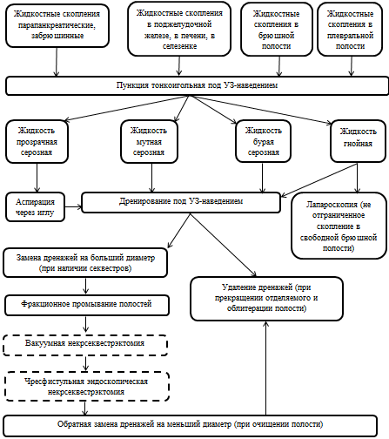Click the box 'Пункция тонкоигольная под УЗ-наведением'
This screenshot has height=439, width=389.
197,85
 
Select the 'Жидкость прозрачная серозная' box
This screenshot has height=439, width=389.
37,141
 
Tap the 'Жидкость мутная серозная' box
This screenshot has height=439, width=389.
149,141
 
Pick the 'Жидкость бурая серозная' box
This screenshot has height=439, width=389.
263,141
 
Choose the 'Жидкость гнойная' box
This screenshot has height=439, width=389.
358,141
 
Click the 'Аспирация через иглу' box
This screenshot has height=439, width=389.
35,207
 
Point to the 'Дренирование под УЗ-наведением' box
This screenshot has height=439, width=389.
181,202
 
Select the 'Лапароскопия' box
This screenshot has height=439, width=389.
339,226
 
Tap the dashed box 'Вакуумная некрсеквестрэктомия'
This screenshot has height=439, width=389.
85,345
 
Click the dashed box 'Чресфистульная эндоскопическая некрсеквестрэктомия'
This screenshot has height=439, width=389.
87,387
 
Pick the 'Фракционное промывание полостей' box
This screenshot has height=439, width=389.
87,305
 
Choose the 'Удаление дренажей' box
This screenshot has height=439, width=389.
266,299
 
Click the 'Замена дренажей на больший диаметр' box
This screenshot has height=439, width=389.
85,262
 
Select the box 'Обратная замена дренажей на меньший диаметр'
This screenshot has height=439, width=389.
190,426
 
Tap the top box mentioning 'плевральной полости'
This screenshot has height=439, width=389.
350,30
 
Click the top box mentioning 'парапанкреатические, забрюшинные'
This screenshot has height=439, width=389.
57,25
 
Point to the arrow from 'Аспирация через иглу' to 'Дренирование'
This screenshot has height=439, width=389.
73,207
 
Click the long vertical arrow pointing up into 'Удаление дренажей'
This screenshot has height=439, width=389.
265,368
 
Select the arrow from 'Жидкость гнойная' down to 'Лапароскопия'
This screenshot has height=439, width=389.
357,178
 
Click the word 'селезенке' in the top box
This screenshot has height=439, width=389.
179,46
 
